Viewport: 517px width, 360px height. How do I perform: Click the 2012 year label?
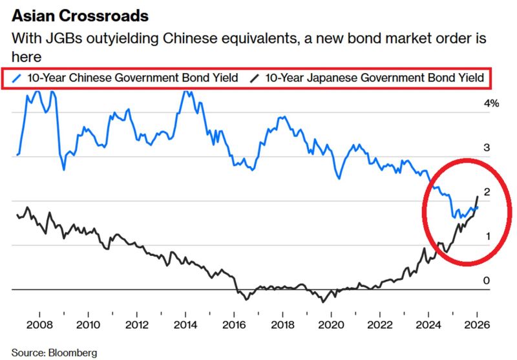coord(136,324)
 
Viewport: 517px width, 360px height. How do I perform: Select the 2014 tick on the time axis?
coord(185,324)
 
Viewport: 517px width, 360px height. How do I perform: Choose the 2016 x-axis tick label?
coord(233,324)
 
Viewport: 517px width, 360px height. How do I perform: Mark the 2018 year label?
coord(282,324)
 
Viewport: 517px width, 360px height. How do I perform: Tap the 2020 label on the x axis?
coord(331,324)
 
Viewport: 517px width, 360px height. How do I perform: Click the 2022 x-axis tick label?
coord(379,324)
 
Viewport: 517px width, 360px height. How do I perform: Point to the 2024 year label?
coord(428,324)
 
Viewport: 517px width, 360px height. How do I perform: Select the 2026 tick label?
coord(476,324)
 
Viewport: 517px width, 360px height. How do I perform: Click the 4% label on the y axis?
coord(492,103)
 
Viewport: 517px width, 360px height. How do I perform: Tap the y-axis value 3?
coord(487,148)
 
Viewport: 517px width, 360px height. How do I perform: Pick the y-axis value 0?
coord(487,281)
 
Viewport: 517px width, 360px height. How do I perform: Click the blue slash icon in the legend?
coord(17,78)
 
